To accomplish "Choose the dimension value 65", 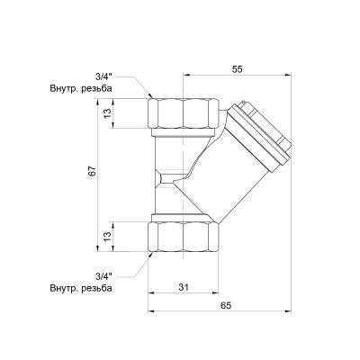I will pos(224,306).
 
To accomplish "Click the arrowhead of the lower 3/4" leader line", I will pos(149,254).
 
